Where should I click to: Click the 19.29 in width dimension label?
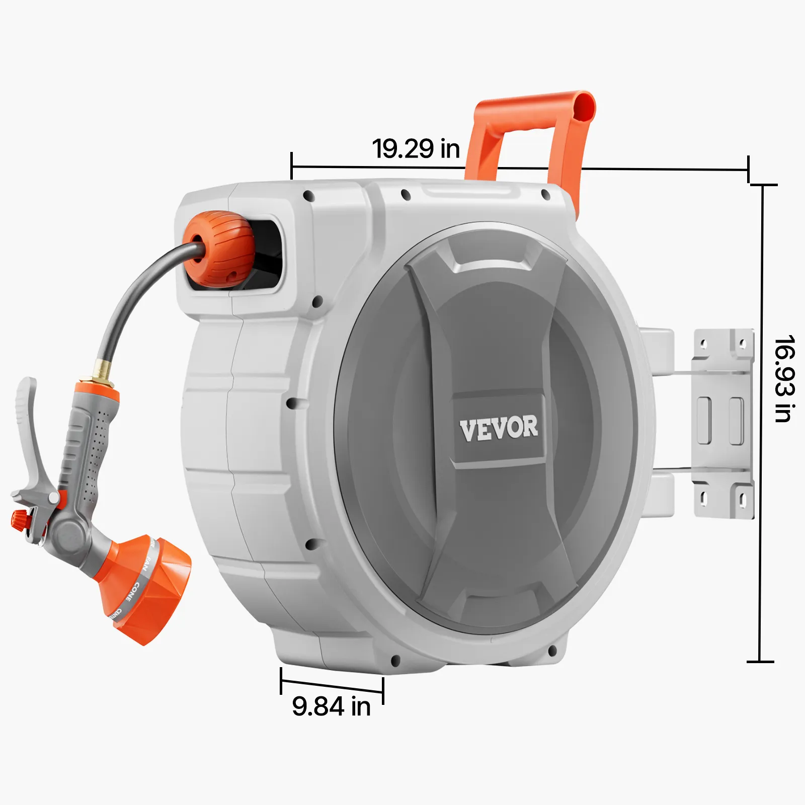(x=416, y=148)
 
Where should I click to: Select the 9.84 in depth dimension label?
(x=331, y=706)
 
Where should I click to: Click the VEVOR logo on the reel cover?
(x=499, y=429)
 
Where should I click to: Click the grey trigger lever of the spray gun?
(x=28, y=433)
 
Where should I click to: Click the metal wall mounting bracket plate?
(x=723, y=423)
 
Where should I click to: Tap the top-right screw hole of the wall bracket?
(x=742, y=344)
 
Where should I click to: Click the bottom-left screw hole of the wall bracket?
(x=704, y=499)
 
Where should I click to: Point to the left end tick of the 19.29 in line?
(x=292, y=166)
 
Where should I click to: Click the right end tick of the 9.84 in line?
(x=383, y=690)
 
